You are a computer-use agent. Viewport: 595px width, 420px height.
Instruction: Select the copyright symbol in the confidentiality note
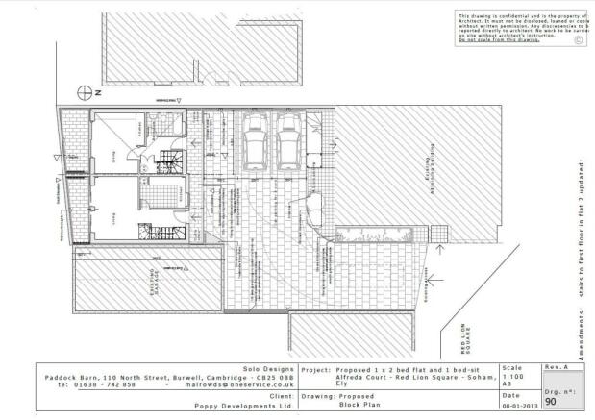point(577,41)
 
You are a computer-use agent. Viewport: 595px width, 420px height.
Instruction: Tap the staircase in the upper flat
point(167,161)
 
